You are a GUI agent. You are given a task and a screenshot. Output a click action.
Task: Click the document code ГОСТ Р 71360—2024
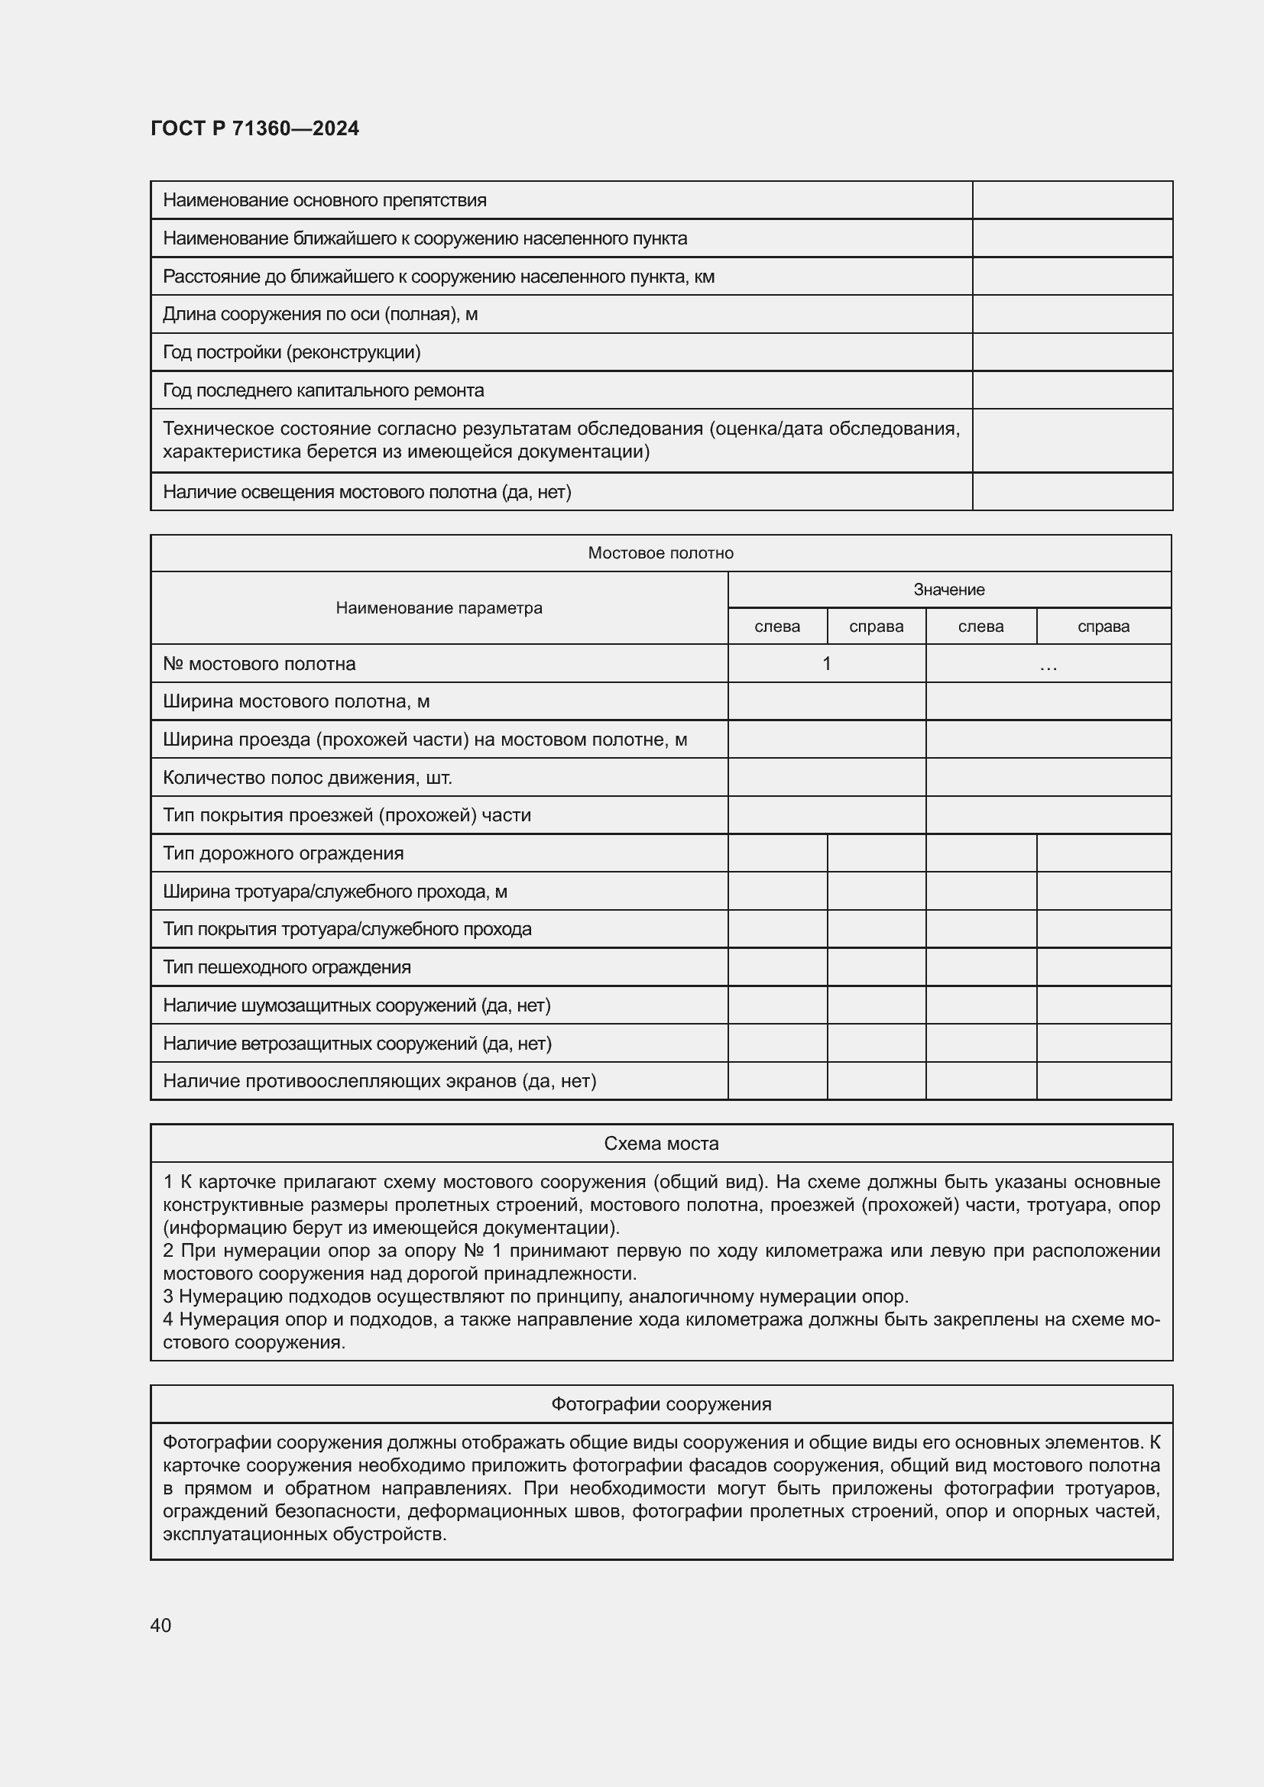(254, 128)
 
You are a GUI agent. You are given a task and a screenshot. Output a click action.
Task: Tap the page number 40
(161, 1625)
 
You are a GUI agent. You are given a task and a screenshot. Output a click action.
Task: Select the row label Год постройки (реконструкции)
(291, 352)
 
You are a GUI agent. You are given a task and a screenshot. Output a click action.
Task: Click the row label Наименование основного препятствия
(325, 200)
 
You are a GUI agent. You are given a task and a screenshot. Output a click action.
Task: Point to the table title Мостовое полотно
(660, 552)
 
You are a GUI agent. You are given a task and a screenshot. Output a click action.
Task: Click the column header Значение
(949, 589)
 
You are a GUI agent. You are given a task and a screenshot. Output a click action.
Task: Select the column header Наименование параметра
(439, 608)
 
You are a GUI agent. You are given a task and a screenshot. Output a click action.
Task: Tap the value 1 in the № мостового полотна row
(827, 664)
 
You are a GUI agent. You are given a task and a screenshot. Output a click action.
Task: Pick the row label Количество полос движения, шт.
(307, 778)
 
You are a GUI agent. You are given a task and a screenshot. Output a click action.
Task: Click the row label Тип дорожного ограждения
(284, 853)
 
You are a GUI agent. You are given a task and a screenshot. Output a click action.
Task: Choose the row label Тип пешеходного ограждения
(287, 966)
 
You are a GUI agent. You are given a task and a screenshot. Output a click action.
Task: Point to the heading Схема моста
(661, 1144)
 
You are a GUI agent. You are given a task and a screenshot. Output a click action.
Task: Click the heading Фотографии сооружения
(661, 1404)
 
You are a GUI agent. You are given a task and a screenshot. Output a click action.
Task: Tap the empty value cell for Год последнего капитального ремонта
(1071, 390)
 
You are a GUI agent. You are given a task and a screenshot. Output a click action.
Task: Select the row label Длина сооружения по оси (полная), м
(320, 315)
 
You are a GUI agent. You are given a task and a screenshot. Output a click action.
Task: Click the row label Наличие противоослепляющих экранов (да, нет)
(379, 1081)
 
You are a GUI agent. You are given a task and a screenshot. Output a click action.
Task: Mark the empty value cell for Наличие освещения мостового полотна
(1071, 492)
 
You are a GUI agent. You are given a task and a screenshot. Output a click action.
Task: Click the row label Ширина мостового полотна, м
(296, 701)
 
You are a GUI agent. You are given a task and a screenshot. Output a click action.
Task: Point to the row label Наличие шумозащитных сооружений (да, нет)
(356, 1005)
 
